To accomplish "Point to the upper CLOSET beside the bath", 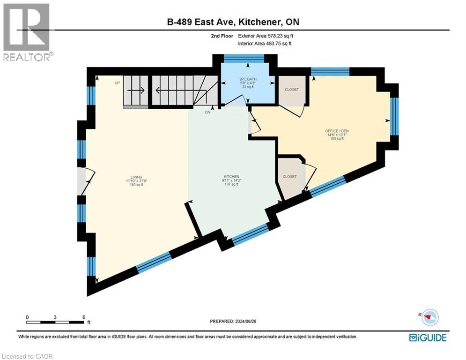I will pyautogui.click(x=291, y=90).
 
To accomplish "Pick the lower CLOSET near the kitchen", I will pyautogui.click(x=289, y=176).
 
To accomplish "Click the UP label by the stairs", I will pyautogui.click(x=118, y=83).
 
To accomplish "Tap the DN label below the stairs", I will pyautogui.click(x=208, y=112).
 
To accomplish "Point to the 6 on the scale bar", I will pyautogui.click(x=83, y=317).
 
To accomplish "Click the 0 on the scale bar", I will pyautogui.click(x=27, y=317).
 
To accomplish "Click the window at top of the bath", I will pyautogui.click(x=244, y=58).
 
